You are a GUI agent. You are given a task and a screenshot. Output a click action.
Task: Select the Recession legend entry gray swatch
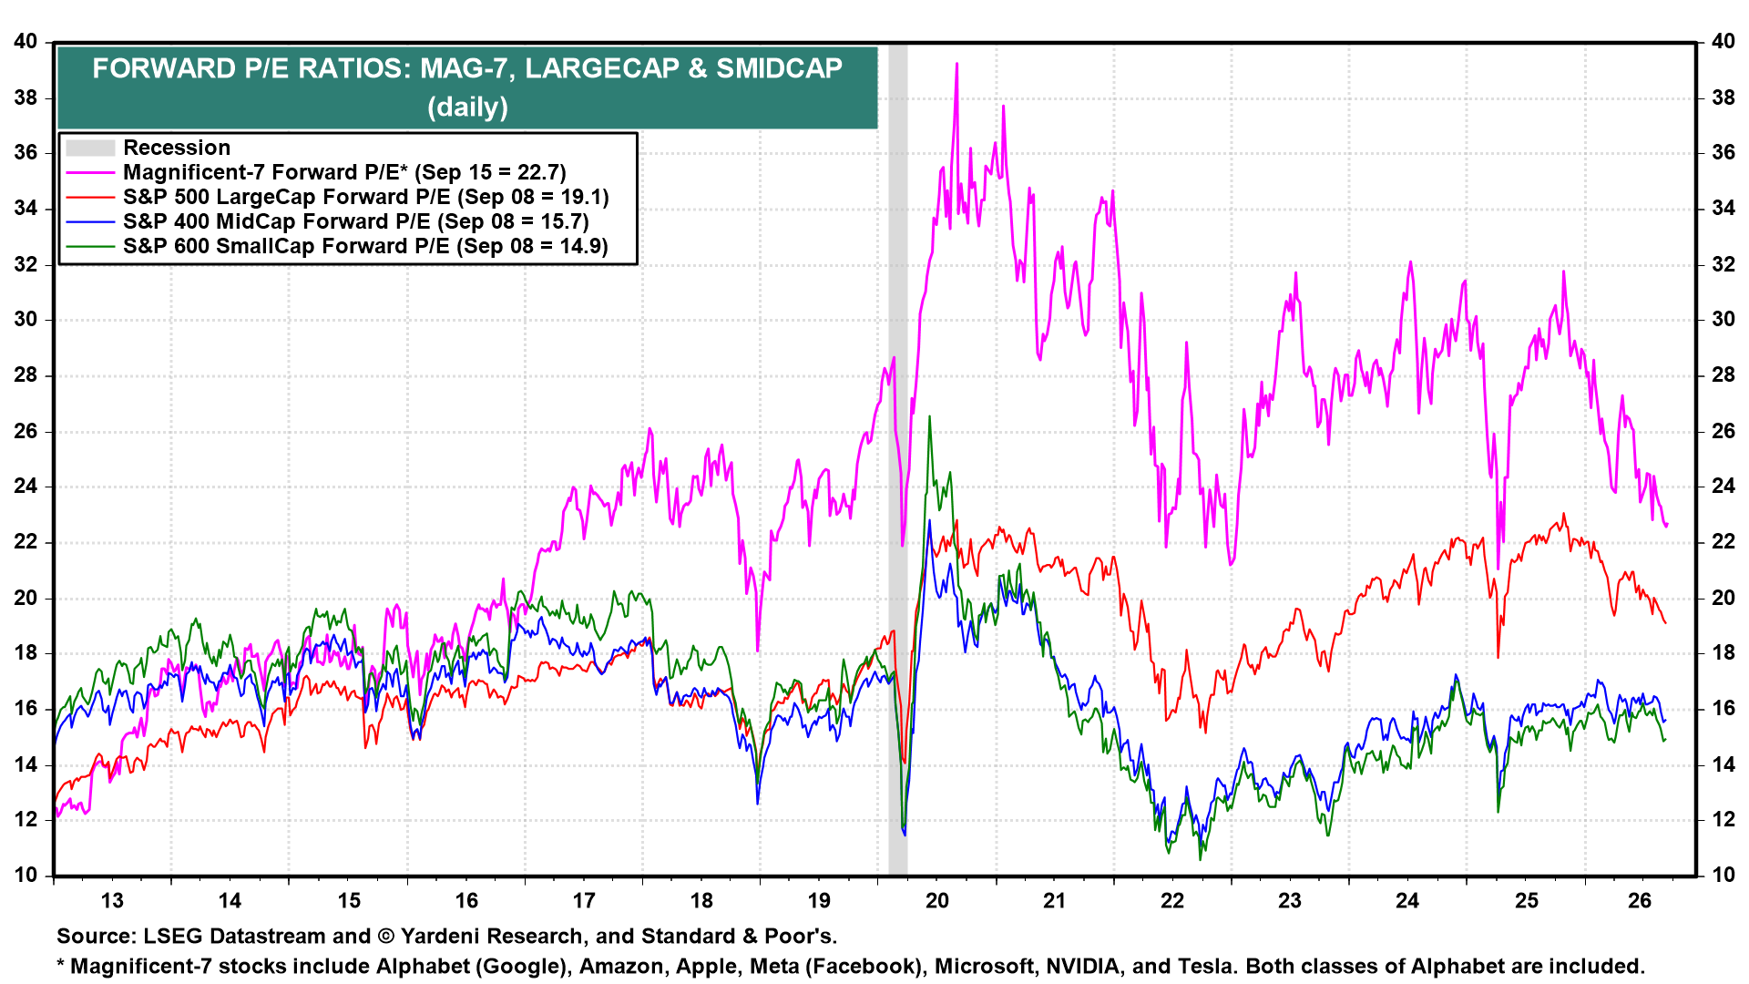pyautogui.click(x=90, y=148)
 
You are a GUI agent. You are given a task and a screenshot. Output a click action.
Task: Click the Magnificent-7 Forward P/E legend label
pyautogui.click(x=344, y=172)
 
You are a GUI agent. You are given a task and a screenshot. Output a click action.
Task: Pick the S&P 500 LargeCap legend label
pyautogui.click(x=365, y=197)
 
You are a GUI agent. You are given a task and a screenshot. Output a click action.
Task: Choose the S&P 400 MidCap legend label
pyautogui.click(x=355, y=221)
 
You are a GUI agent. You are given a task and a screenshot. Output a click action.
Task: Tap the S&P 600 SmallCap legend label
pyautogui.click(x=365, y=246)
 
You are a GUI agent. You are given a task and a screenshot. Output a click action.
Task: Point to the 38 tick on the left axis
pyautogui.click(x=26, y=97)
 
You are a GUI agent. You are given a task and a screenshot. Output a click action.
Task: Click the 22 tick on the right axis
pyautogui.click(x=1723, y=541)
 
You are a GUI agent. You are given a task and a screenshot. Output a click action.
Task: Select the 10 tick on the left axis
pyautogui.click(x=26, y=875)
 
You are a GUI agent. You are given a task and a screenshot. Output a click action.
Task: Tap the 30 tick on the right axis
pyautogui.click(x=1723, y=319)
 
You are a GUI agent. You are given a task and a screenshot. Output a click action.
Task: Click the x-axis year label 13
pyautogui.click(x=112, y=901)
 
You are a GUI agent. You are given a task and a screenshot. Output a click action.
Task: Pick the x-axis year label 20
pyautogui.click(x=937, y=901)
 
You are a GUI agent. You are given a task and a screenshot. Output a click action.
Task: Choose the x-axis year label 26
pyautogui.click(x=1640, y=901)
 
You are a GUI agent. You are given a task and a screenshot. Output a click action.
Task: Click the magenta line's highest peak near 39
pyautogui.click(x=956, y=64)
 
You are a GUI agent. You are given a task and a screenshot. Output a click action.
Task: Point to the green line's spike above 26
pyautogui.click(x=929, y=417)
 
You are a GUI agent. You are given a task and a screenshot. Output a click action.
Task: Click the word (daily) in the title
pyautogui.click(x=468, y=107)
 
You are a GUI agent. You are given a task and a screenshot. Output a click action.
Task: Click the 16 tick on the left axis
pyautogui.click(x=26, y=708)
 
